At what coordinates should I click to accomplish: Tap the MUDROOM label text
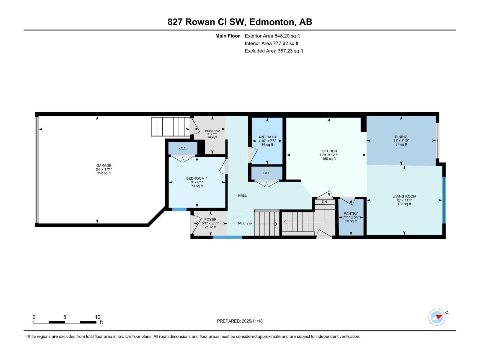tap(212, 131)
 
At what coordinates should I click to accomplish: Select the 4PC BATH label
tap(267, 137)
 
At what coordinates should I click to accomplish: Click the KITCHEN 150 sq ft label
tap(329, 155)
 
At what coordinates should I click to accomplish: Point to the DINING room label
tap(401, 137)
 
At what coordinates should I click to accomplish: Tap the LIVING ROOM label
tap(404, 196)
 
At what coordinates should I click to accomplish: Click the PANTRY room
tap(351, 217)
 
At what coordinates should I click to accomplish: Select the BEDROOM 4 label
tap(197, 178)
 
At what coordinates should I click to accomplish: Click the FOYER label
tap(210, 220)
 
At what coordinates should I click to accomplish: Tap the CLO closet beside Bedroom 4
tap(183, 148)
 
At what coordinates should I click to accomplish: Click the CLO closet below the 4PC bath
tap(267, 173)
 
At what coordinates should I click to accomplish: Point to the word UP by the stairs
tap(250, 224)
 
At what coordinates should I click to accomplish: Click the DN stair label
tap(324, 202)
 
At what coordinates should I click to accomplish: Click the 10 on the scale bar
tap(97, 317)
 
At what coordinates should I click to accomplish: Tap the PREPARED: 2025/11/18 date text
tap(240, 321)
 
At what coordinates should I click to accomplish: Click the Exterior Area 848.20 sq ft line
tap(272, 36)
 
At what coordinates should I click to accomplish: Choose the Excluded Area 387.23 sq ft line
tap(274, 51)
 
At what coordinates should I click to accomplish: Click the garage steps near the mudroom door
tap(170, 127)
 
